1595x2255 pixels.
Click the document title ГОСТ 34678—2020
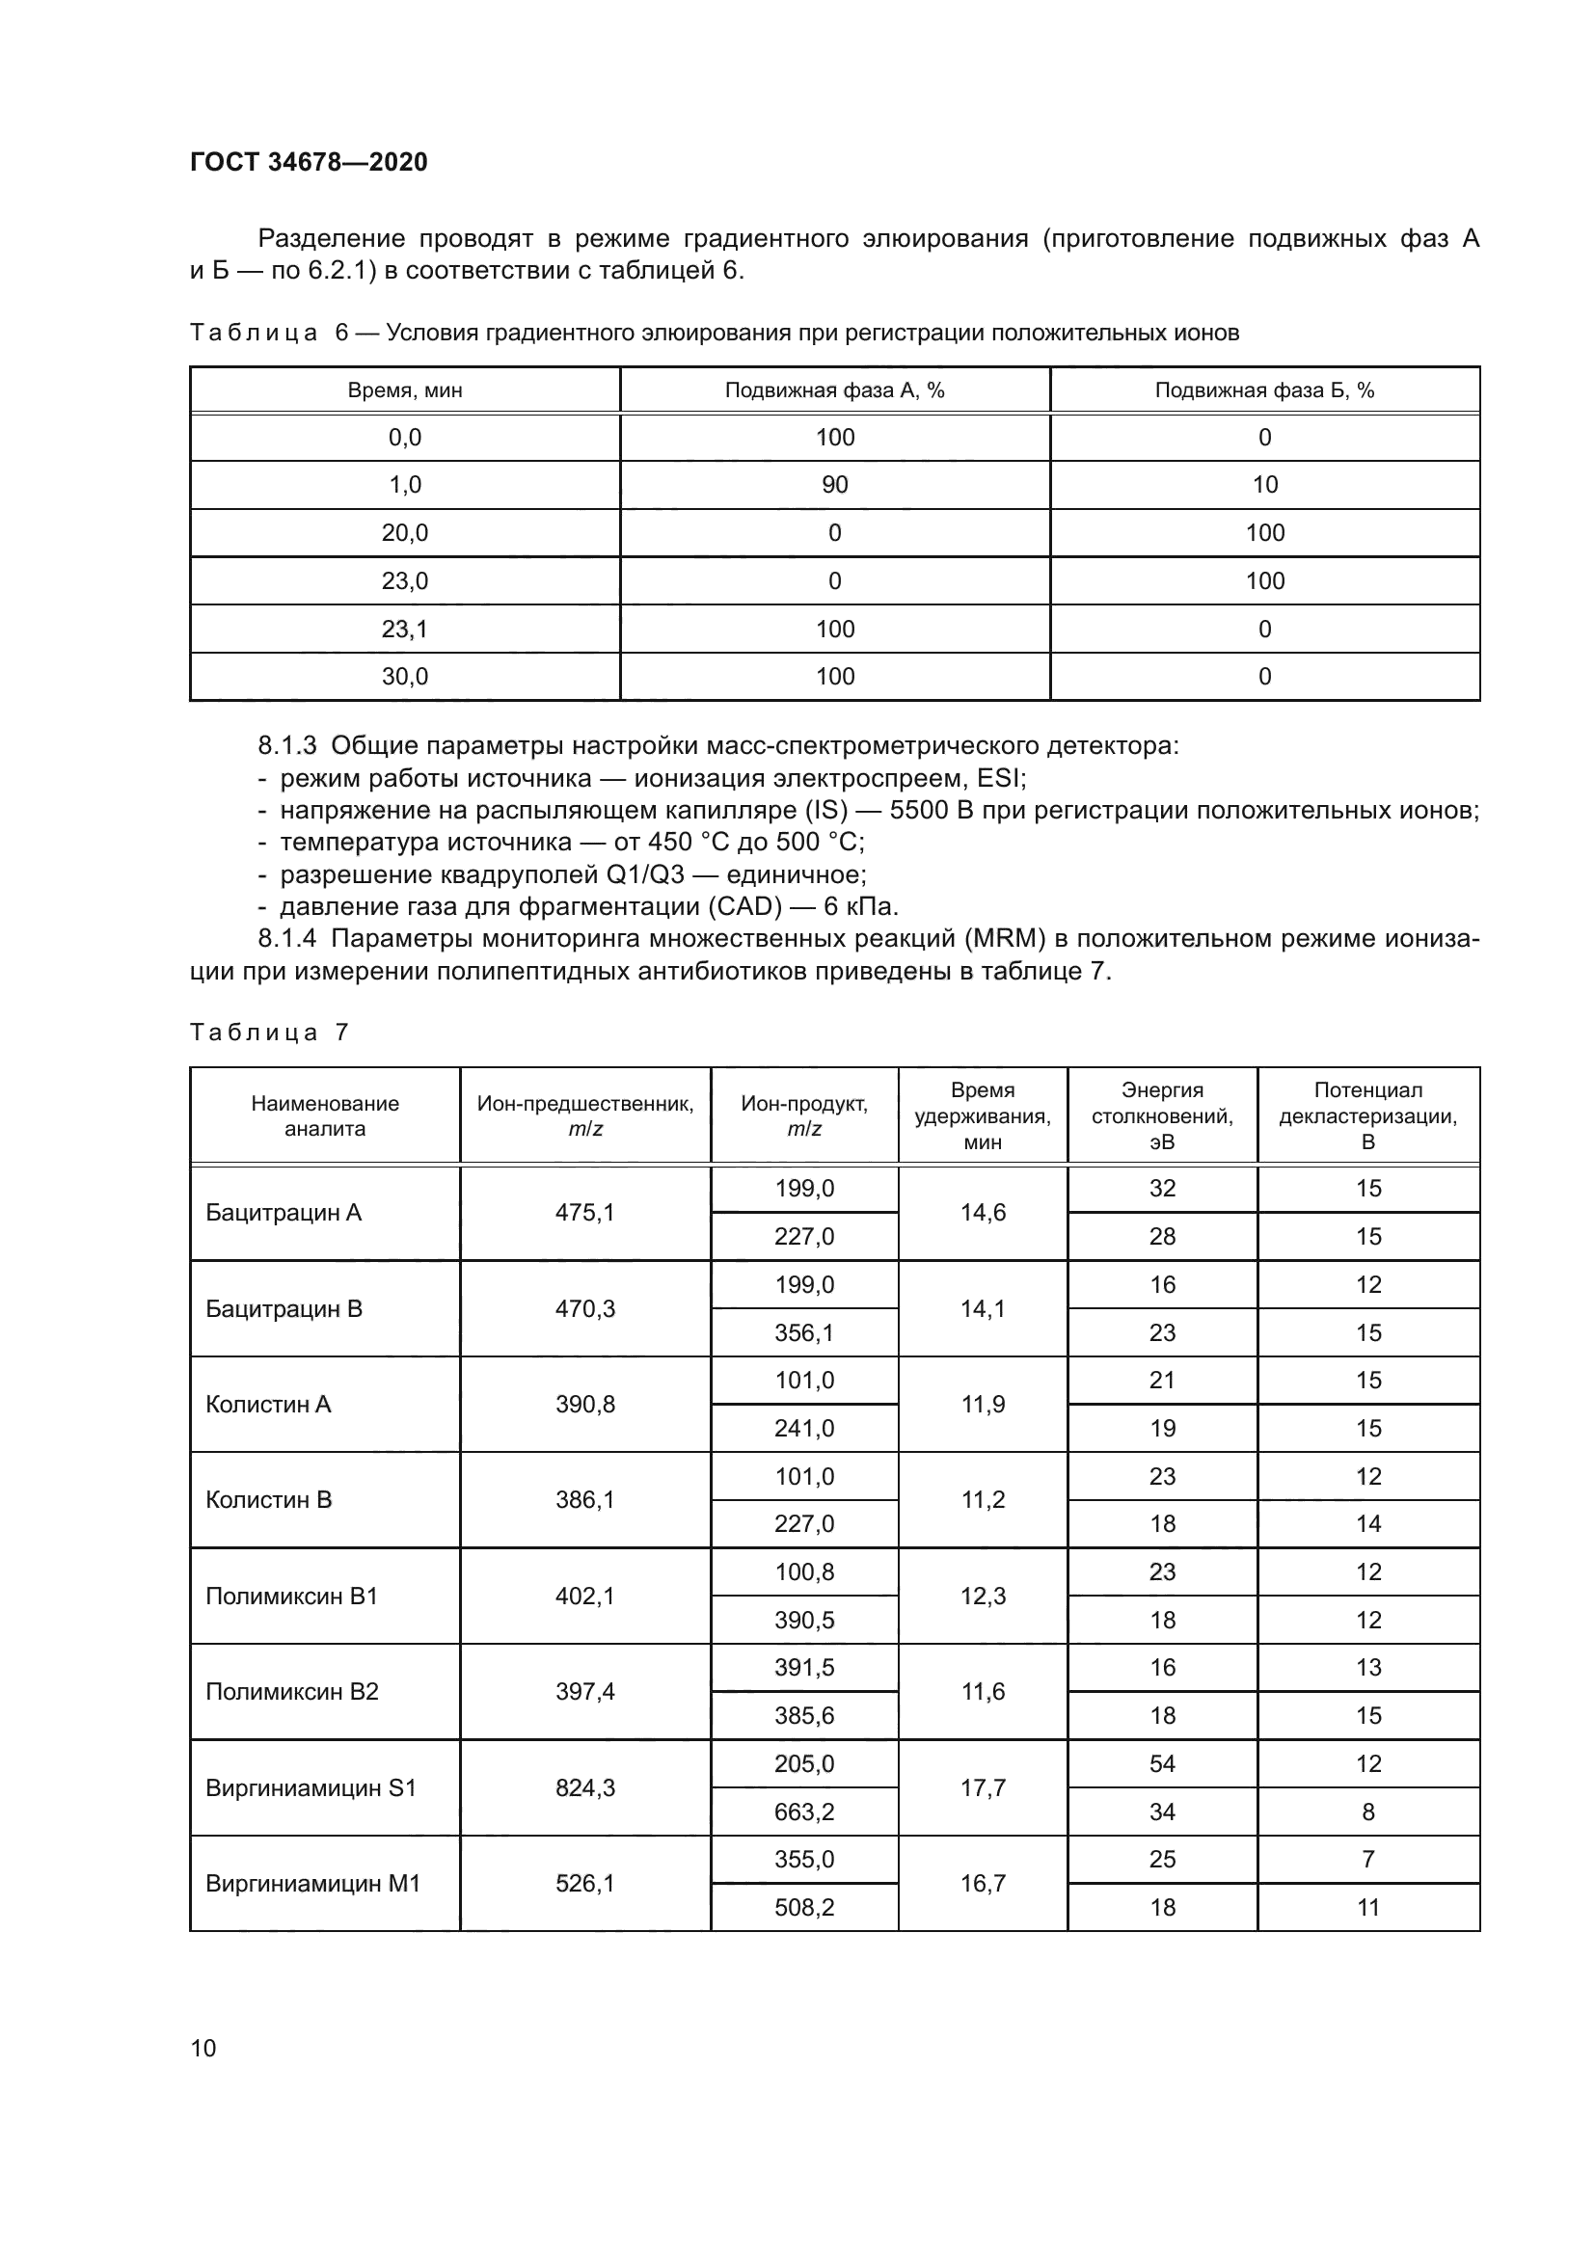(x=309, y=162)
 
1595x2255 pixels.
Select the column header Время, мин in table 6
(x=405, y=389)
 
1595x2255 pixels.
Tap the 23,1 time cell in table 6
(x=405, y=629)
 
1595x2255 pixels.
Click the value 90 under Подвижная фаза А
(x=835, y=484)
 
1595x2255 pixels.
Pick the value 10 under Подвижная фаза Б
(x=1265, y=484)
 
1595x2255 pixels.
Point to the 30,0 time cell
(x=405, y=676)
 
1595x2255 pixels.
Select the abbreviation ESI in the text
(x=999, y=779)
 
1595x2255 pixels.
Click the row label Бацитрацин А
(x=284, y=1213)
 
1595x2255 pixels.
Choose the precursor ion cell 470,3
(x=585, y=1308)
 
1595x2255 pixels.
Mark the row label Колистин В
(x=269, y=1500)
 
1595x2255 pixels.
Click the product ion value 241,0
(x=804, y=1428)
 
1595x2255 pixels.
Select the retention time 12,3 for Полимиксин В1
(x=983, y=1596)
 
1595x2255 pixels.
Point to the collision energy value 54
(x=1162, y=1764)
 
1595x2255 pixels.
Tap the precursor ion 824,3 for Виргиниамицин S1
(x=585, y=1787)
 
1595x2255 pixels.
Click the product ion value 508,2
(x=804, y=1907)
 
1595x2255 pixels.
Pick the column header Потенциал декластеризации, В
(x=1368, y=1115)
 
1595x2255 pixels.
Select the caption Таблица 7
(x=269, y=1033)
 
